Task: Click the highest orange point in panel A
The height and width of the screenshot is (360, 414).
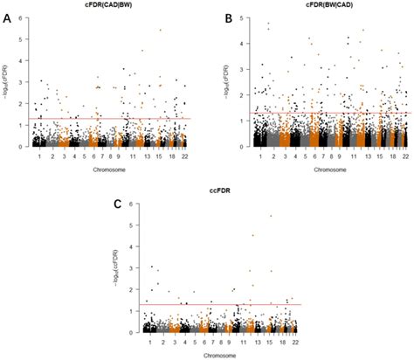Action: click(160, 31)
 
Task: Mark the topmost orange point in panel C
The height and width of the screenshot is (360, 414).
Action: click(271, 215)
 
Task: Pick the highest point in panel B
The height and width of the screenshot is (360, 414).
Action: click(268, 23)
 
